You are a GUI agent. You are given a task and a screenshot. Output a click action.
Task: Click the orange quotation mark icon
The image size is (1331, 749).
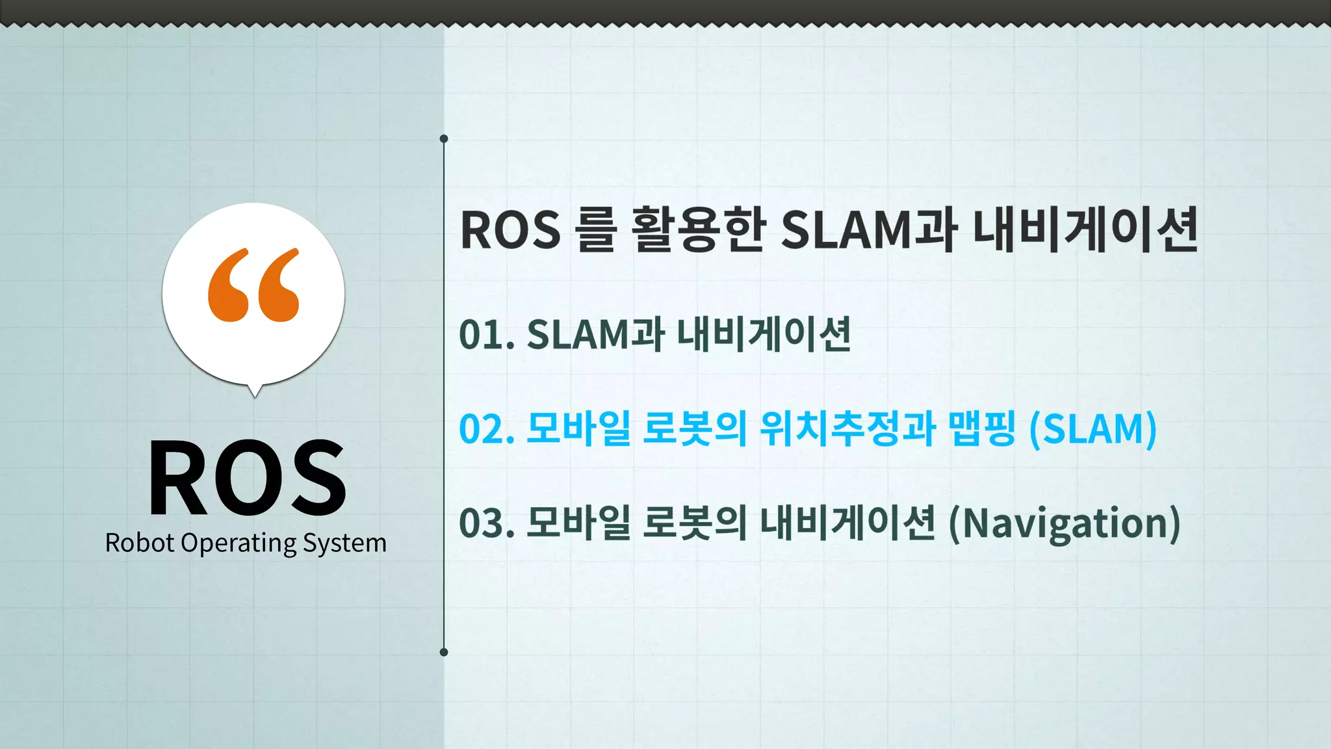click(x=253, y=285)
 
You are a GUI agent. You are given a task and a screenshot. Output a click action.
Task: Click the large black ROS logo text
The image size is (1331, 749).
click(x=247, y=478)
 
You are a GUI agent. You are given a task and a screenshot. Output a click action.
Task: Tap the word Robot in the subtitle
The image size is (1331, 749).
click(x=140, y=543)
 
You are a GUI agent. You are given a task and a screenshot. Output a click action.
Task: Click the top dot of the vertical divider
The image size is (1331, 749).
click(x=444, y=138)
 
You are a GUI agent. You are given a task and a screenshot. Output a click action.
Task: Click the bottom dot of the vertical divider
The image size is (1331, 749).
click(x=444, y=652)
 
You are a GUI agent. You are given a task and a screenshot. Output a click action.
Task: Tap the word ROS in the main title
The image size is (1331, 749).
click(x=510, y=230)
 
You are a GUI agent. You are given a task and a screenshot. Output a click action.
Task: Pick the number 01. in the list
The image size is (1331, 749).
click(x=487, y=335)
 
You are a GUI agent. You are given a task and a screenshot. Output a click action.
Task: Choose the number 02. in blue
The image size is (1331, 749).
click(x=487, y=429)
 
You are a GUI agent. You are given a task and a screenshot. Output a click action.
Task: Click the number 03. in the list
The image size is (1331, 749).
click(x=487, y=523)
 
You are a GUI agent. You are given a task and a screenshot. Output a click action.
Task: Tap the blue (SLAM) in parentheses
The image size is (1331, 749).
click(x=1093, y=429)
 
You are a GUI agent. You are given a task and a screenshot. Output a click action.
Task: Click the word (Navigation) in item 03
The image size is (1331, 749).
click(x=1065, y=524)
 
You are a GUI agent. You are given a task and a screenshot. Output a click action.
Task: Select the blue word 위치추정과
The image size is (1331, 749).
click(x=847, y=428)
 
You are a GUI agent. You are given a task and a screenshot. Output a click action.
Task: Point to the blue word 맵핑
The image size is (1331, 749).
click(x=981, y=428)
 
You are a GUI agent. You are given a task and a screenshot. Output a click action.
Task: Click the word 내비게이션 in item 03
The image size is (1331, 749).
click(x=847, y=523)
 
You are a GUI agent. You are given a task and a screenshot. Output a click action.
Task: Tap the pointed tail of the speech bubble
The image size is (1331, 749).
click(x=255, y=391)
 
